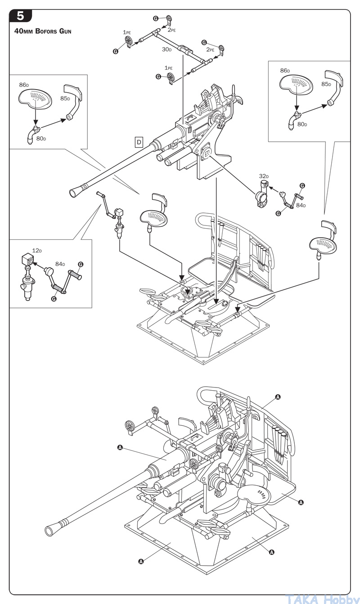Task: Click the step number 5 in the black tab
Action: coord(21,16)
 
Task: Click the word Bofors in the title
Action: coord(46,31)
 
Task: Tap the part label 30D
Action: coord(166,50)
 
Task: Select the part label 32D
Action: coord(264,176)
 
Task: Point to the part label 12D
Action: coord(37,251)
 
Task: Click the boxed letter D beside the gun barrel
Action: coord(139,142)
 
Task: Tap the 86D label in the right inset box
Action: coord(285,71)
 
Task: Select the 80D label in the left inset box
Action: coord(41,139)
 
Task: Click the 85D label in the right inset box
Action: coord(326,84)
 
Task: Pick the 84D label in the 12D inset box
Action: coord(60,264)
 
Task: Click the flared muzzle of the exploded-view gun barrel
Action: coord(74,193)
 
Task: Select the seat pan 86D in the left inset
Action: coord(35,99)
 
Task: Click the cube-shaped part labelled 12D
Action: coord(27,259)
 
